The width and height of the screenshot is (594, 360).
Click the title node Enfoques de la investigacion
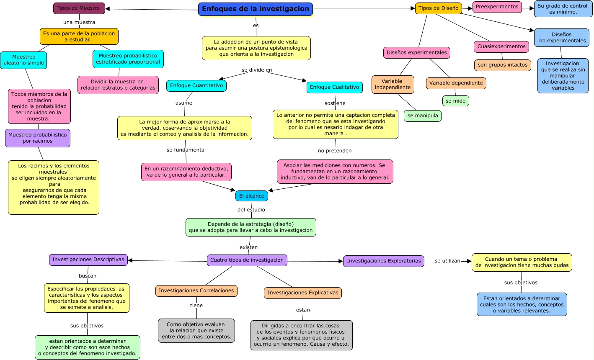(256, 9)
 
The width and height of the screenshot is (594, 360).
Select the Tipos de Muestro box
(78, 8)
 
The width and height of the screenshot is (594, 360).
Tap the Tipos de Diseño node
(438, 8)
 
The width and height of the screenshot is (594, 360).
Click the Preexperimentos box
(497, 7)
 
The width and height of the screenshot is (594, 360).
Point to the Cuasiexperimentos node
(501, 46)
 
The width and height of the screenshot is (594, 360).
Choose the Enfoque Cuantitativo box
(196, 86)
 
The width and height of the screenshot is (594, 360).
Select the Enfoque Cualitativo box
(334, 87)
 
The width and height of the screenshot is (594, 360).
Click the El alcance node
(251, 196)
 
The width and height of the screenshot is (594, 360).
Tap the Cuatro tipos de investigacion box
(247, 260)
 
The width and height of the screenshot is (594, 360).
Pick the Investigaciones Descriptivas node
(88, 260)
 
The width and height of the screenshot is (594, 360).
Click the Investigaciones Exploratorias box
(383, 261)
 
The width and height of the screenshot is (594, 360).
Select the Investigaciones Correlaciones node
(196, 291)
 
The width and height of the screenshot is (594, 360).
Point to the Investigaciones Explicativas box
(302, 293)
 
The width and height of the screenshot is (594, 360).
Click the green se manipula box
(422, 116)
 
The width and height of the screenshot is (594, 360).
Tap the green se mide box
(455, 101)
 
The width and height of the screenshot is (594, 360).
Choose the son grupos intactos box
(502, 65)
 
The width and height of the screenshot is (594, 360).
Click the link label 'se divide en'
(257, 70)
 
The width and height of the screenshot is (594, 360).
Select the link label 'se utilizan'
(447, 261)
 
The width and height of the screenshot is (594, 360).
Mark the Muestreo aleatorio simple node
(23, 60)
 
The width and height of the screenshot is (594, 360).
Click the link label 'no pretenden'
(335, 151)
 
